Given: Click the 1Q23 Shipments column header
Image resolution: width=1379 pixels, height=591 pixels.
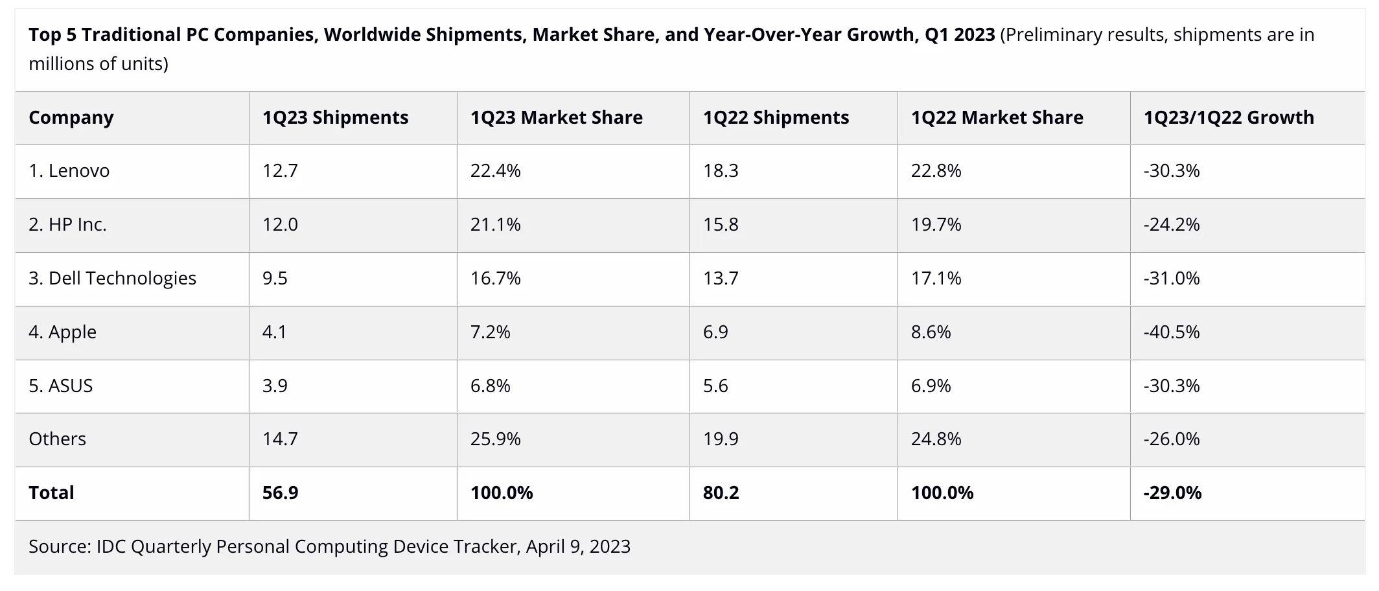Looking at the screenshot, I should tap(335, 118).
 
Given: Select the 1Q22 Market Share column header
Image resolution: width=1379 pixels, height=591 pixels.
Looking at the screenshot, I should tap(997, 118).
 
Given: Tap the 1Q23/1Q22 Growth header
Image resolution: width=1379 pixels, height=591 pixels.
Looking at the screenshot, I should tap(1229, 118).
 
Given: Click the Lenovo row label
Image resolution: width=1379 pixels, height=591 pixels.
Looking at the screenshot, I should tap(69, 171).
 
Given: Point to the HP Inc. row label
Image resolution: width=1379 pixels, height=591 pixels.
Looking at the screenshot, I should tap(67, 225).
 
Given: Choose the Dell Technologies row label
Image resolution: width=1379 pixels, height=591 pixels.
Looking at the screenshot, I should tap(112, 279).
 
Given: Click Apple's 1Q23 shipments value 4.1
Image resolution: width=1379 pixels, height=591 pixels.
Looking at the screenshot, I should tap(274, 332).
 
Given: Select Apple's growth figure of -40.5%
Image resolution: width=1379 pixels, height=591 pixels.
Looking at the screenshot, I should tap(1172, 332).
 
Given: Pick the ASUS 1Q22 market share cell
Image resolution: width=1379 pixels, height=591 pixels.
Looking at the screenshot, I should tap(931, 386).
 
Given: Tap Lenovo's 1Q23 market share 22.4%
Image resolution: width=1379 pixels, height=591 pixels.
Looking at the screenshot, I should tap(495, 171).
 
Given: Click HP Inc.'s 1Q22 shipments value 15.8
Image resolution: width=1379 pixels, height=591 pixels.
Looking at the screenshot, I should tap(721, 225).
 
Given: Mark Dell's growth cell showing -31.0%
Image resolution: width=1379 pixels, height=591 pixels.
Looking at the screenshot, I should tap(1172, 279).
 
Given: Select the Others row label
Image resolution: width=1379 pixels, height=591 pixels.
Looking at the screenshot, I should tap(57, 439).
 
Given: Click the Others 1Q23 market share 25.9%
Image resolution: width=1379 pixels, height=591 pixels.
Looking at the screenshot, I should tap(495, 439).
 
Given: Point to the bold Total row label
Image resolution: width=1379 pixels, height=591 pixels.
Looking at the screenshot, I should tap(51, 493).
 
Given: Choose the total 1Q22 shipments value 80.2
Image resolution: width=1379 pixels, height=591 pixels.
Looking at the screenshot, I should tap(721, 493).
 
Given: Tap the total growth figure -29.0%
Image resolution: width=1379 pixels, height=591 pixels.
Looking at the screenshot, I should tap(1172, 493).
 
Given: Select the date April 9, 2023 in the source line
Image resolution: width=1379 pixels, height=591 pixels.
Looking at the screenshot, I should tap(578, 547).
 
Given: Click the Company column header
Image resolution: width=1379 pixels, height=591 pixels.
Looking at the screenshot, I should tap(71, 118).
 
